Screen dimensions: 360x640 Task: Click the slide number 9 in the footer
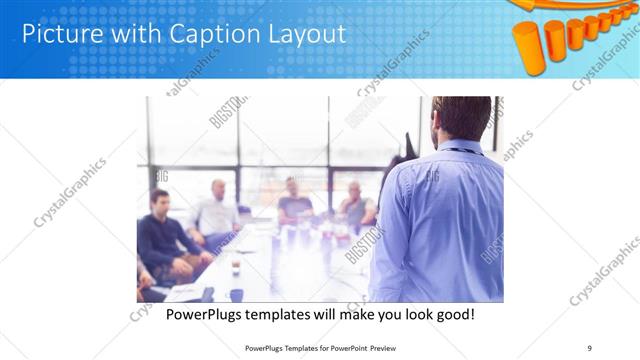pos(589,348)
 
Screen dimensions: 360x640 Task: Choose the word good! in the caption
pos(453,315)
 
